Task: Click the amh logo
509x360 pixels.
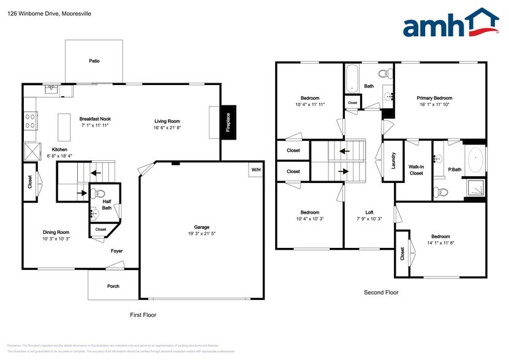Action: click(x=450, y=26)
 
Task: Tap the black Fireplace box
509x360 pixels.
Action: click(x=227, y=123)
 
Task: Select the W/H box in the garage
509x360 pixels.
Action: click(x=255, y=170)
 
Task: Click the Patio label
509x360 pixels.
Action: click(x=94, y=61)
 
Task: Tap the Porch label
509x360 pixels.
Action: click(x=113, y=287)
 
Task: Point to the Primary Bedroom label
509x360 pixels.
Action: click(x=434, y=98)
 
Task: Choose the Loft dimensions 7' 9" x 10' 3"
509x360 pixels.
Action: click(x=369, y=219)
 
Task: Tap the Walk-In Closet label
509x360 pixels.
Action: click(x=416, y=170)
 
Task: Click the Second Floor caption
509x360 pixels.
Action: click(x=381, y=293)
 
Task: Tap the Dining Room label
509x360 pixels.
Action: click(x=56, y=232)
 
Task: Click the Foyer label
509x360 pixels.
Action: click(x=116, y=250)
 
